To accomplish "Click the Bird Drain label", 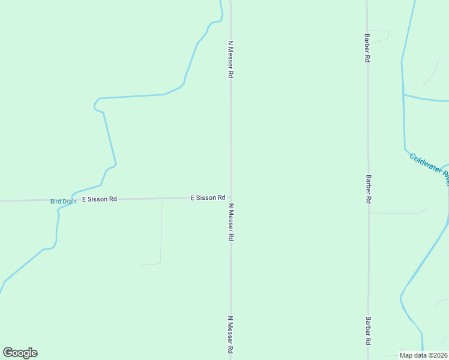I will [63, 202].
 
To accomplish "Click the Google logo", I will [20, 353].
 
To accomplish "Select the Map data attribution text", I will [423, 355].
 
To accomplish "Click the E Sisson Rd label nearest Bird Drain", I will [99, 199].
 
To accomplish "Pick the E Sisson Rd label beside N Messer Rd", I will [208, 197].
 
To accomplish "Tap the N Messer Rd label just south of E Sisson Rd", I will [231, 222].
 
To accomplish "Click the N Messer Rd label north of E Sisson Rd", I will [230, 59].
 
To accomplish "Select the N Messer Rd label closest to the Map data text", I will [230, 335].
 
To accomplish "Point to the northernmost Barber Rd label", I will [367, 48].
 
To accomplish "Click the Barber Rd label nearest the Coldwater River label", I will [367, 190].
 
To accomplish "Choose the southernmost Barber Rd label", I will [368, 331].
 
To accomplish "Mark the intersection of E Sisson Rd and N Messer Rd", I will [231, 197].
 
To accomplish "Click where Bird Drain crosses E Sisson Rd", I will [71, 199].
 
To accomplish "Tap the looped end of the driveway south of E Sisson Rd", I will [143, 265].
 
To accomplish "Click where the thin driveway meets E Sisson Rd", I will [162, 199].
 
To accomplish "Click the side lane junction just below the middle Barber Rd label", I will [369, 212].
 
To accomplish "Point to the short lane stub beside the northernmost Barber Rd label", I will [378, 31].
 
